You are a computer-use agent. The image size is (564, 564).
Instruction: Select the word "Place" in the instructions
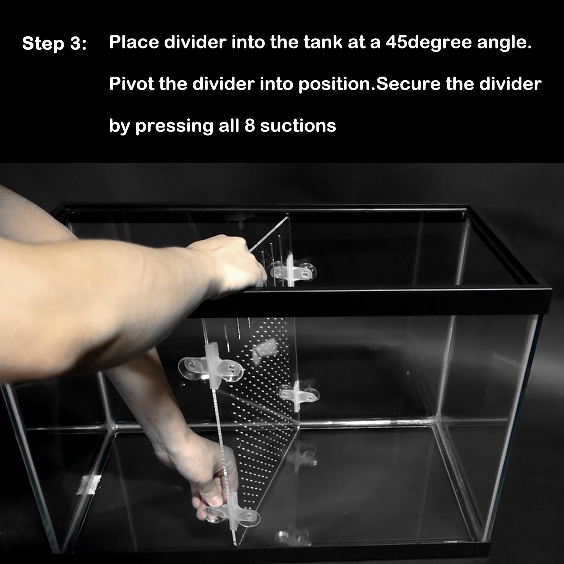[134, 42]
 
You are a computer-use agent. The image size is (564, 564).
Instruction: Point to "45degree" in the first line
[428, 43]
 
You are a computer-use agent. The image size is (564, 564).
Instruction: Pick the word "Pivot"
[131, 84]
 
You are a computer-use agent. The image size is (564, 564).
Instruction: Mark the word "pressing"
[174, 126]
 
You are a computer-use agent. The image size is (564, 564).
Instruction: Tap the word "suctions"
[298, 126]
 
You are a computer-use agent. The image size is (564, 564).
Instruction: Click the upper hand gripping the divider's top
[231, 264]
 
